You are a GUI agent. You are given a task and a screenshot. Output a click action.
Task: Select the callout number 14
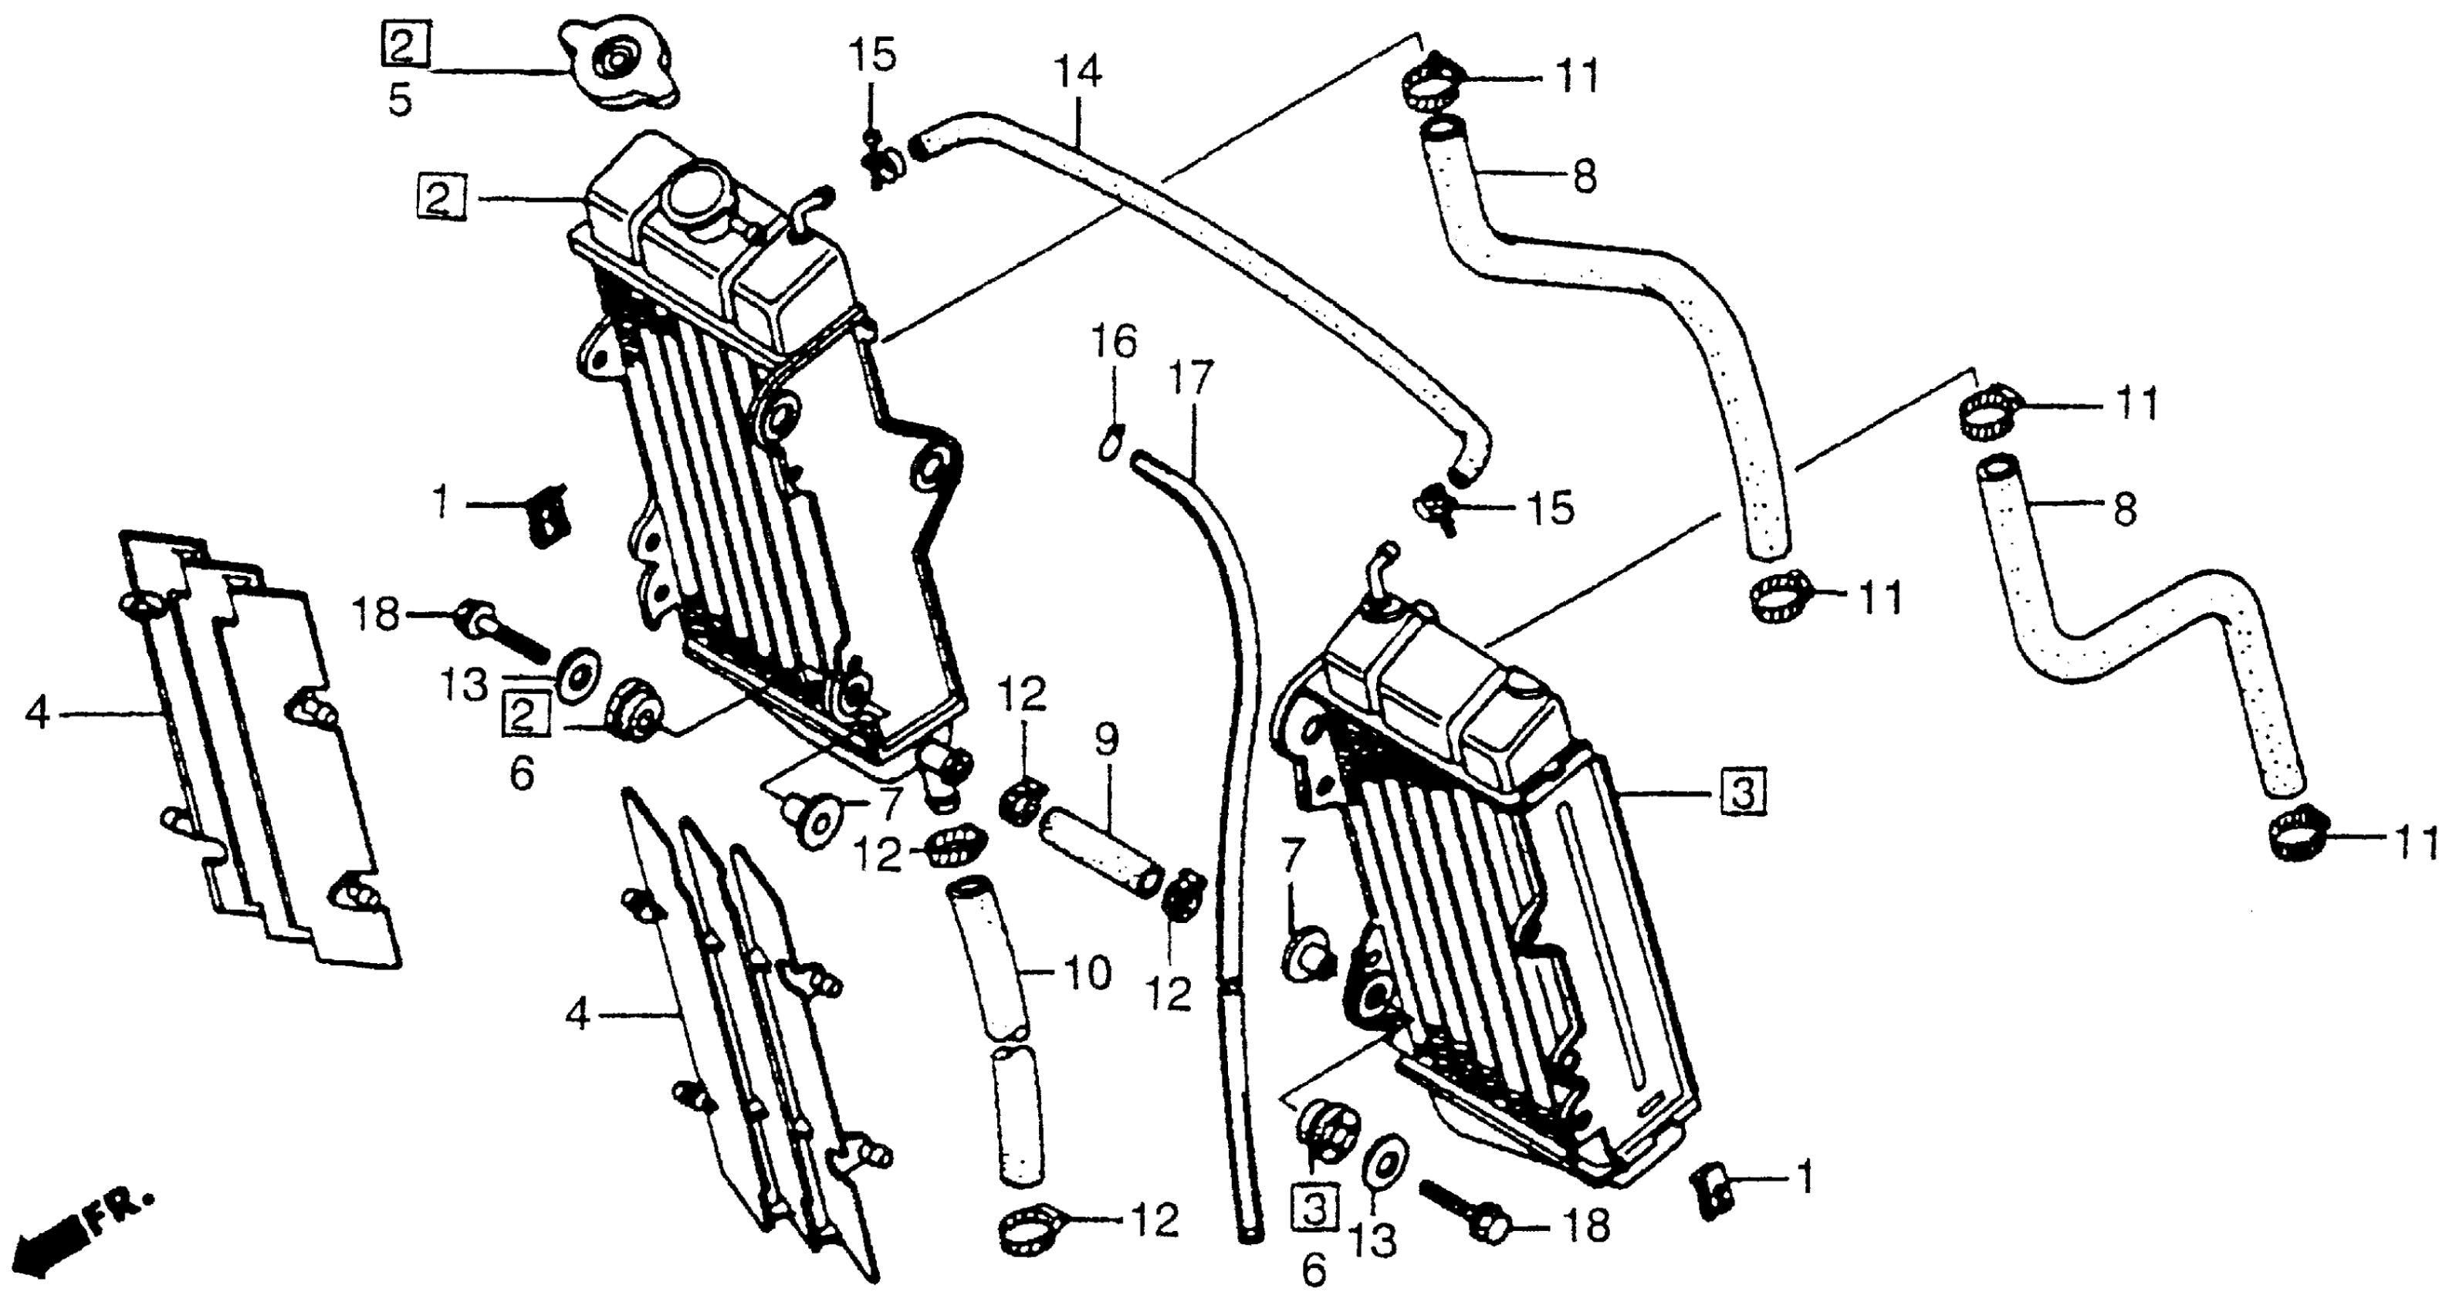click(1078, 73)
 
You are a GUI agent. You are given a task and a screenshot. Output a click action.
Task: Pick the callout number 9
click(1106, 739)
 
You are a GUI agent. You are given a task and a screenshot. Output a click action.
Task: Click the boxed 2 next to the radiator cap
click(405, 45)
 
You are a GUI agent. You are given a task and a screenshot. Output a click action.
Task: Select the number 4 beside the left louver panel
click(36, 712)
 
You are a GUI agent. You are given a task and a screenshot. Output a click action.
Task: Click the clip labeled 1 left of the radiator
click(546, 515)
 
